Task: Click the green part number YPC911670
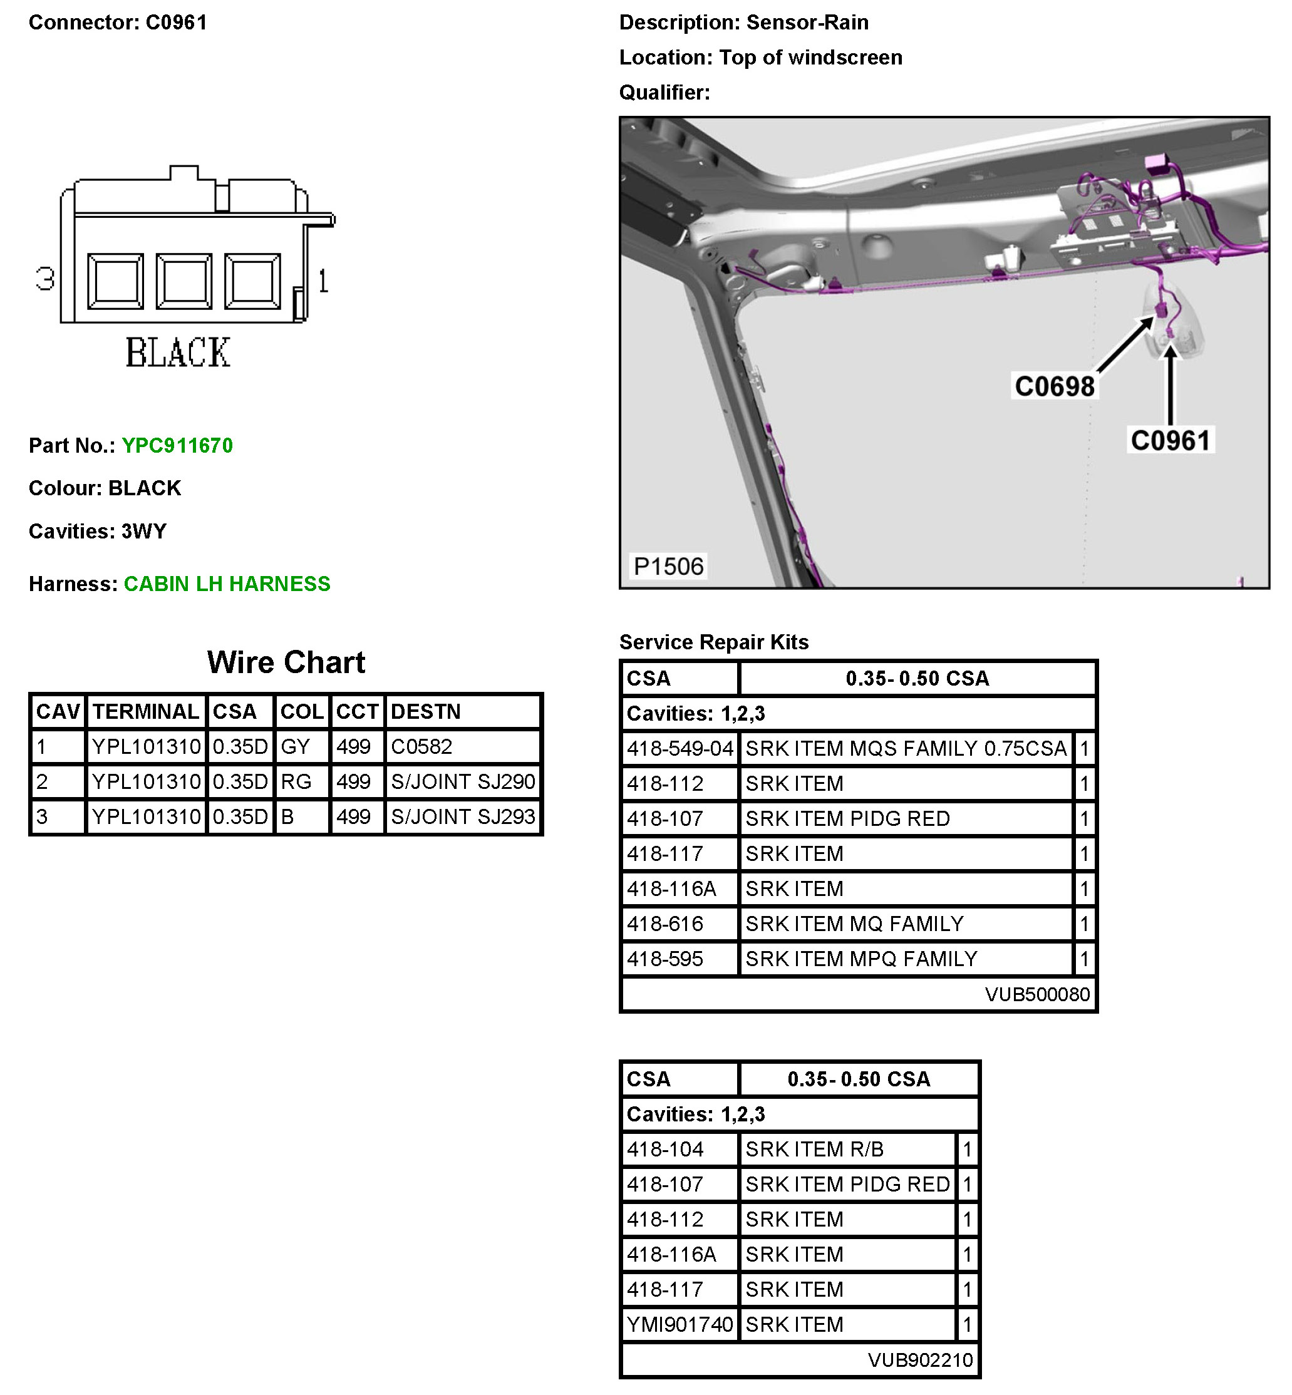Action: pyautogui.click(x=177, y=445)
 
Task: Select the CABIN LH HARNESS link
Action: pyautogui.click(x=227, y=584)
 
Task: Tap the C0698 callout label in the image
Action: pyautogui.click(x=1054, y=386)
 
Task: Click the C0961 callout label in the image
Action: pyautogui.click(x=1171, y=441)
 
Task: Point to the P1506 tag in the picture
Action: pyautogui.click(x=668, y=566)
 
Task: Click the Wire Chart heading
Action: pyautogui.click(x=286, y=662)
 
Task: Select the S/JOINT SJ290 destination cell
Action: pyautogui.click(x=463, y=781)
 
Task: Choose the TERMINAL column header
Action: pyautogui.click(x=145, y=711)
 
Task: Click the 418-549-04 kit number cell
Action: pyautogui.click(x=680, y=748)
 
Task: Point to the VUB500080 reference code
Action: pyautogui.click(x=1037, y=994)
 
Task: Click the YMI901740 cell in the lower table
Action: pyautogui.click(x=680, y=1324)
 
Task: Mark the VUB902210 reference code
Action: pyautogui.click(x=920, y=1359)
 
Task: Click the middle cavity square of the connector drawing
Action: pyautogui.click(x=184, y=281)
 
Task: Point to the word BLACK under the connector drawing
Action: pyautogui.click(x=178, y=353)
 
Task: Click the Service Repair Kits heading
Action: pyautogui.click(x=714, y=642)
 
